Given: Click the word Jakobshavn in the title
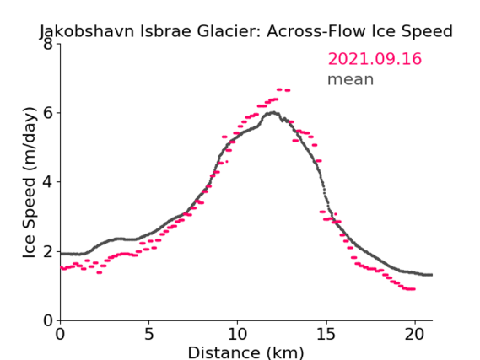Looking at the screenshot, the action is click(87, 31).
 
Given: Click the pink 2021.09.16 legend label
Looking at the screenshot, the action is click(375, 59).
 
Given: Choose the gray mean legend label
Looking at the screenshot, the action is click(351, 79).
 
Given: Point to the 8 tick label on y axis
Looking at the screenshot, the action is click(48, 44).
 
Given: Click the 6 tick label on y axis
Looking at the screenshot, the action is click(48, 113).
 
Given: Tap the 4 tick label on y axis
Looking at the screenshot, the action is click(48, 182).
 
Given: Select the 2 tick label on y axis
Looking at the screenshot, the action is click(48, 251).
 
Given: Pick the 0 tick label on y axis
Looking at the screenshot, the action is click(48, 321).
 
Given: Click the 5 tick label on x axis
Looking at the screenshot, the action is click(148, 334).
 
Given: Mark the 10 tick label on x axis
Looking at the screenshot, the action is click(237, 334).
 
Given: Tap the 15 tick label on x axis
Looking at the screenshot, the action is click(326, 334).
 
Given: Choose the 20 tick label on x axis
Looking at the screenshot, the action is click(414, 334).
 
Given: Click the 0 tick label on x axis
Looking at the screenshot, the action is click(60, 334).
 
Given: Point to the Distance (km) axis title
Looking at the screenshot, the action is click(245, 353).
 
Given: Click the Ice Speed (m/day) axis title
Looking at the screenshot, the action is click(30, 182).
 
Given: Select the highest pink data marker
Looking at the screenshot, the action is click(279, 89).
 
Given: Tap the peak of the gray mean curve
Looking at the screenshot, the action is click(274, 113).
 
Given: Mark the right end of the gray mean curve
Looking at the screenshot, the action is click(432, 275).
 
